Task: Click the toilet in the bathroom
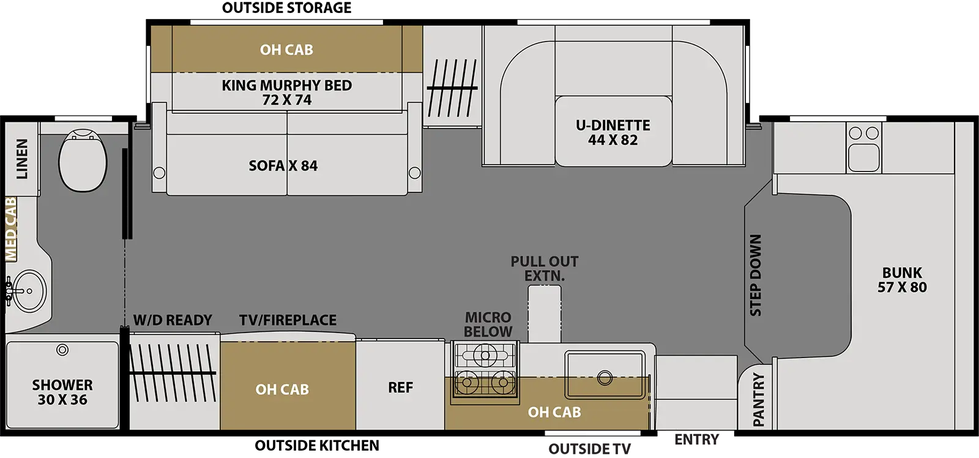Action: [x=83, y=160]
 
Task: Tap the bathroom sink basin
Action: [x=29, y=290]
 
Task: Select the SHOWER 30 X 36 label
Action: [x=62, y=392]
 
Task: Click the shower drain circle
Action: [x=62, y=350]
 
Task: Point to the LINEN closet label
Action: [x=22, y=159]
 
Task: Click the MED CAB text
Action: [x=10, y=229]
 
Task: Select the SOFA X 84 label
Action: [x=283, y=166]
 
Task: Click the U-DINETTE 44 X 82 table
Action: [x=613, y=132]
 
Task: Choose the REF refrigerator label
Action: [x=400, y=387]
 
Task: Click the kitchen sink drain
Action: [x=605, y=378]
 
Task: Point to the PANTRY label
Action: [x=759, y=400]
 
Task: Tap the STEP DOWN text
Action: [x=756, y=275]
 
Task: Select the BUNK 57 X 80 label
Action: [x=902, y=280]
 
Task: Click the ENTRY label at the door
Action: [x=697, y=439]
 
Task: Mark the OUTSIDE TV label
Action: [x=590, y=449]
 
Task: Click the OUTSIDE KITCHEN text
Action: [x=317, y=445]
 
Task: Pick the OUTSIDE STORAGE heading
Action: [x=287, y=7]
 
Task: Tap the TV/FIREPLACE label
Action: [x=288, y=320]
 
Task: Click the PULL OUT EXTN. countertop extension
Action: [x=545, y=313]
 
